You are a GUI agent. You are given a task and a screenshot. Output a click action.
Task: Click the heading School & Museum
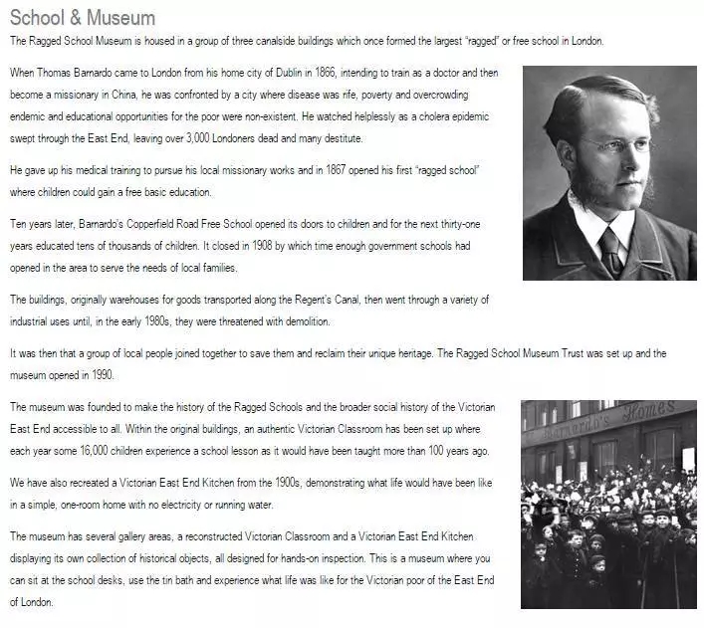point(82,18)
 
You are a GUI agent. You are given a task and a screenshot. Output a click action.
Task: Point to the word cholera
point(420,116)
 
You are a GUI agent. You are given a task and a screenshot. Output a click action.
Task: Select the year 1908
point(214,245)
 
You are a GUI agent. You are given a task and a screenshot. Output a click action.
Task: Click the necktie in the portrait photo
point(609,252)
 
